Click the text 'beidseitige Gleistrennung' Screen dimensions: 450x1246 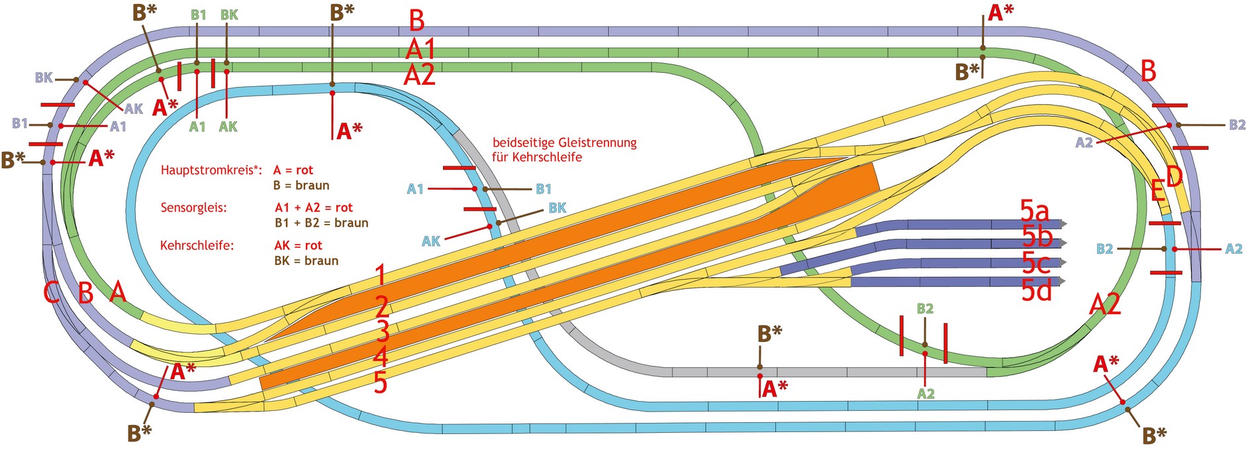pos(564,142)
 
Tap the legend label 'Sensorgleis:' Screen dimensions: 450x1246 pos(193,208)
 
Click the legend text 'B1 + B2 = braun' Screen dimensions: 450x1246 pos(321,223)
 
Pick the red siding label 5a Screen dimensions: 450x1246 pos(1034,211)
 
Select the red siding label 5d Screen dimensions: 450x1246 pos(1036,290)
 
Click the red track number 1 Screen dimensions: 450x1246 pos(380,274)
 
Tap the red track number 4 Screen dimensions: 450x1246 pos(380,357)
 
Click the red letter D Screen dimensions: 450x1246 pos(1174,177)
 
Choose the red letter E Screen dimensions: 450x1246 pos(1157,191)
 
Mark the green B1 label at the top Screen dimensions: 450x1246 pos(198,15)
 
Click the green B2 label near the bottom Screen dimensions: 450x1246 pos(925,309)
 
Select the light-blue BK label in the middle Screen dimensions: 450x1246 pos(557,208)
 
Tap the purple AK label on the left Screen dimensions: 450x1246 pos(133,109)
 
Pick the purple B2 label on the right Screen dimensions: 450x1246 pos(1237,125)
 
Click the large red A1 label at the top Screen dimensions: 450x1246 pos(420,48)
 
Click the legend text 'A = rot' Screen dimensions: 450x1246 pos(293,170)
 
